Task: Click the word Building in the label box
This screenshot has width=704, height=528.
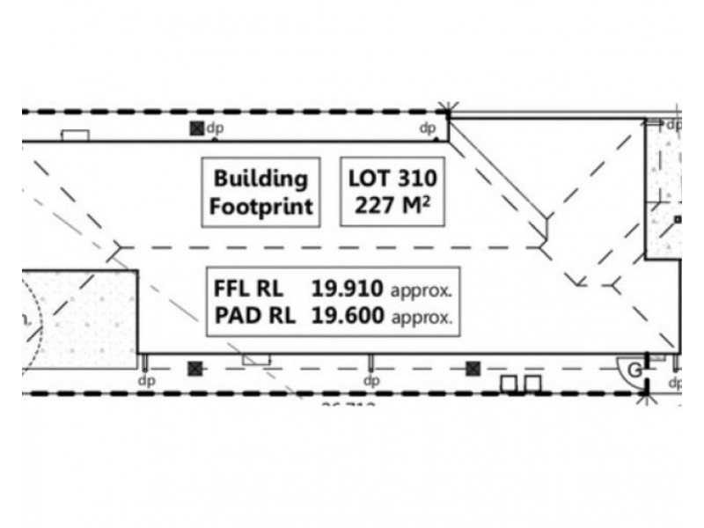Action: tap(260, 178)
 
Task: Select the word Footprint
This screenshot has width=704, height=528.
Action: tap(260, 208)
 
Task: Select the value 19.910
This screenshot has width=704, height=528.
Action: tap(348, 288)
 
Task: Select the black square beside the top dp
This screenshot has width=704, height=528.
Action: tap(196, 128)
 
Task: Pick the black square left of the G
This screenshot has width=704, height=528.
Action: tap(474, 367)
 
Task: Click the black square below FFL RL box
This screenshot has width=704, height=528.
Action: tap(195, 367)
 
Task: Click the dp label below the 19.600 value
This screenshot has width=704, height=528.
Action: tap(370, 381)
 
